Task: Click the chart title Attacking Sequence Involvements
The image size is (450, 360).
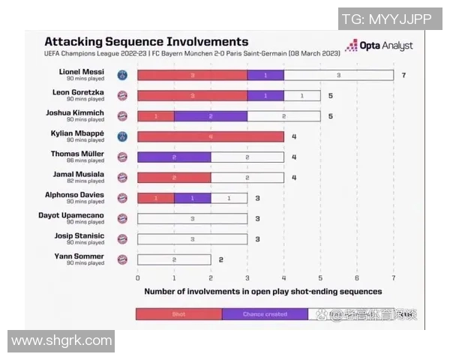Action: click(x=146, y=42)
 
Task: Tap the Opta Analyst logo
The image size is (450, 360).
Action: click(x=379, y=46)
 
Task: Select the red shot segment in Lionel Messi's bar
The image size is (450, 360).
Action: click(x=192, y=75)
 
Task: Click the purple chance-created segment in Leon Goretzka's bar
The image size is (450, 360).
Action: click(x=265, y=96)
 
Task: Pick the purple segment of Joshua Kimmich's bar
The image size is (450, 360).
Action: click(x=210, y=116)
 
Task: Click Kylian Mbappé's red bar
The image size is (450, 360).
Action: click(x=210, y=136)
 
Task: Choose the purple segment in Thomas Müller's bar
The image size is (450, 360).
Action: click(x=173, y=157)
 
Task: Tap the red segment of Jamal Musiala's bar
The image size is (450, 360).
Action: click(x=173, y=178)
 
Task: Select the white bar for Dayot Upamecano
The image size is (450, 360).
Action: click(x=192, y=218)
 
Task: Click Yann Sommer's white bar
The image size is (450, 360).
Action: click(x=173, y=259)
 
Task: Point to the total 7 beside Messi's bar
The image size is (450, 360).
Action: click(x=403, y=75)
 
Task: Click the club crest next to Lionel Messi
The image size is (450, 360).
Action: click(x=123, y=75)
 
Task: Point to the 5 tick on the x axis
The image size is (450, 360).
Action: click(x=320, y=276)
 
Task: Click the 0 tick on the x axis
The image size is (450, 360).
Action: click(x=137, y=276)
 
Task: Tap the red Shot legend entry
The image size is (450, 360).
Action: click(x=178, y=313)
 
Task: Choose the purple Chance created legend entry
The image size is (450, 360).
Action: click(x=265, y=313)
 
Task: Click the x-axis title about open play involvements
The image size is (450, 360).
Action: click(x=262, y=291)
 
